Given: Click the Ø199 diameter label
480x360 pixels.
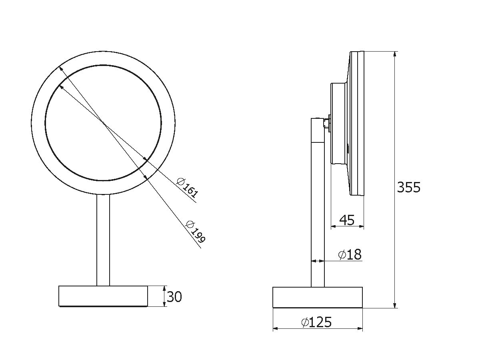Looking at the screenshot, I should pyautogui.click(x=196, y=232).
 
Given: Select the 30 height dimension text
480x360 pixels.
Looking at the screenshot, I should pyautogui.click(x=174, y=297).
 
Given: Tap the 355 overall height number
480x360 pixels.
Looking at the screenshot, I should pyautogui.click(x=408, y=187).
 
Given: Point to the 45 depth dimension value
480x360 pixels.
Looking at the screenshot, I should pyautogui.click(x=347, y=220).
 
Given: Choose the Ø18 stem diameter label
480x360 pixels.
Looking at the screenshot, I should pyautogui.click(x=350, y=254).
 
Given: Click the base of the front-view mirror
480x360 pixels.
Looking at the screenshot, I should pyautogui.click(x=103, y=296).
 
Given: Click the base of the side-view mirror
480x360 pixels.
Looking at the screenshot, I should pyautogui.click(x=318, y=297).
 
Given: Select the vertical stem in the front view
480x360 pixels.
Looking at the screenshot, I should pyautogui.click(x=103, y=240).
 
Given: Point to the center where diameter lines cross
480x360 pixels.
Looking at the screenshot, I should pyautogui.click(x=104, y=124).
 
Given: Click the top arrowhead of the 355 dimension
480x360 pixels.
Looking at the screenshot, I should pyautogui.click(x=395, y=54).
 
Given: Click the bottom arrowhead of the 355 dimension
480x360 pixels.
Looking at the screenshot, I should pyautogui.click(x=395, y=305).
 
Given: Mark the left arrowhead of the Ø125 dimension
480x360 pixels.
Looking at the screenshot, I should pyautogui.click(x=275, y=329).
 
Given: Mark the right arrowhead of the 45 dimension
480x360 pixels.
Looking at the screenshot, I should pyautogui.click(x=362, y=227).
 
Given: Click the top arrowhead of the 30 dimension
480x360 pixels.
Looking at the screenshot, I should pyautogui.click(x=165, y=288).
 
